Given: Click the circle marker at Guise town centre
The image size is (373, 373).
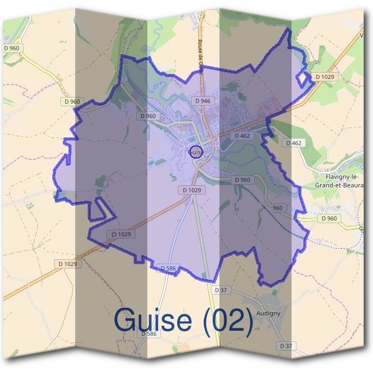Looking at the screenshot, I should coord(195,152).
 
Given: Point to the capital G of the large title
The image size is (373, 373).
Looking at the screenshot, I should coord(126,320).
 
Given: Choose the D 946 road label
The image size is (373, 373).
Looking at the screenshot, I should coord(203,100).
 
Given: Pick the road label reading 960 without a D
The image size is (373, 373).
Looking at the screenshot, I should coord(277,208).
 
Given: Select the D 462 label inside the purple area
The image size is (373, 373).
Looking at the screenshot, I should coord(242,135).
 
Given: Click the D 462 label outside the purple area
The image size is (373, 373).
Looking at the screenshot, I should coord(294,143).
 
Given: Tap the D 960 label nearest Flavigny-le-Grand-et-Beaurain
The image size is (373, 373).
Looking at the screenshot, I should coord(329,218).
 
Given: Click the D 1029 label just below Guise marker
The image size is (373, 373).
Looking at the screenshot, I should coord(193,189).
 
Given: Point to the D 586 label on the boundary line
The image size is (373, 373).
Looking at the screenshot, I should coord(169,268).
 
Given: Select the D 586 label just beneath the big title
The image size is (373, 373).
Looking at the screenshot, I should coord(149,334).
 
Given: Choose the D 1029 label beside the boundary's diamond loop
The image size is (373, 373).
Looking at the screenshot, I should coord(325,76).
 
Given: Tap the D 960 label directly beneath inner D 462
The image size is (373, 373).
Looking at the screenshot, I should coord(242,180).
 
